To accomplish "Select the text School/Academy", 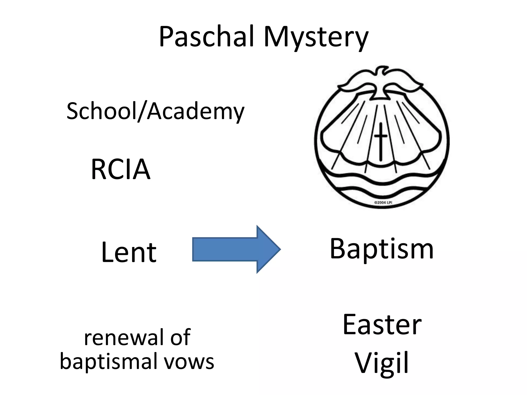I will coord(155,111).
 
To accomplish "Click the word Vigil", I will coord(382,363).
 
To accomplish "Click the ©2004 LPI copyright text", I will coord(383,203).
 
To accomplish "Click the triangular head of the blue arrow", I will coord(268,249).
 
